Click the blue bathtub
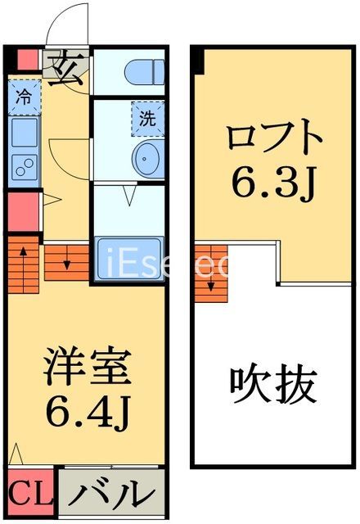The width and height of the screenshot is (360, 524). [131, 260]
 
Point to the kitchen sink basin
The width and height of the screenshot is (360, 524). [22, 131]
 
